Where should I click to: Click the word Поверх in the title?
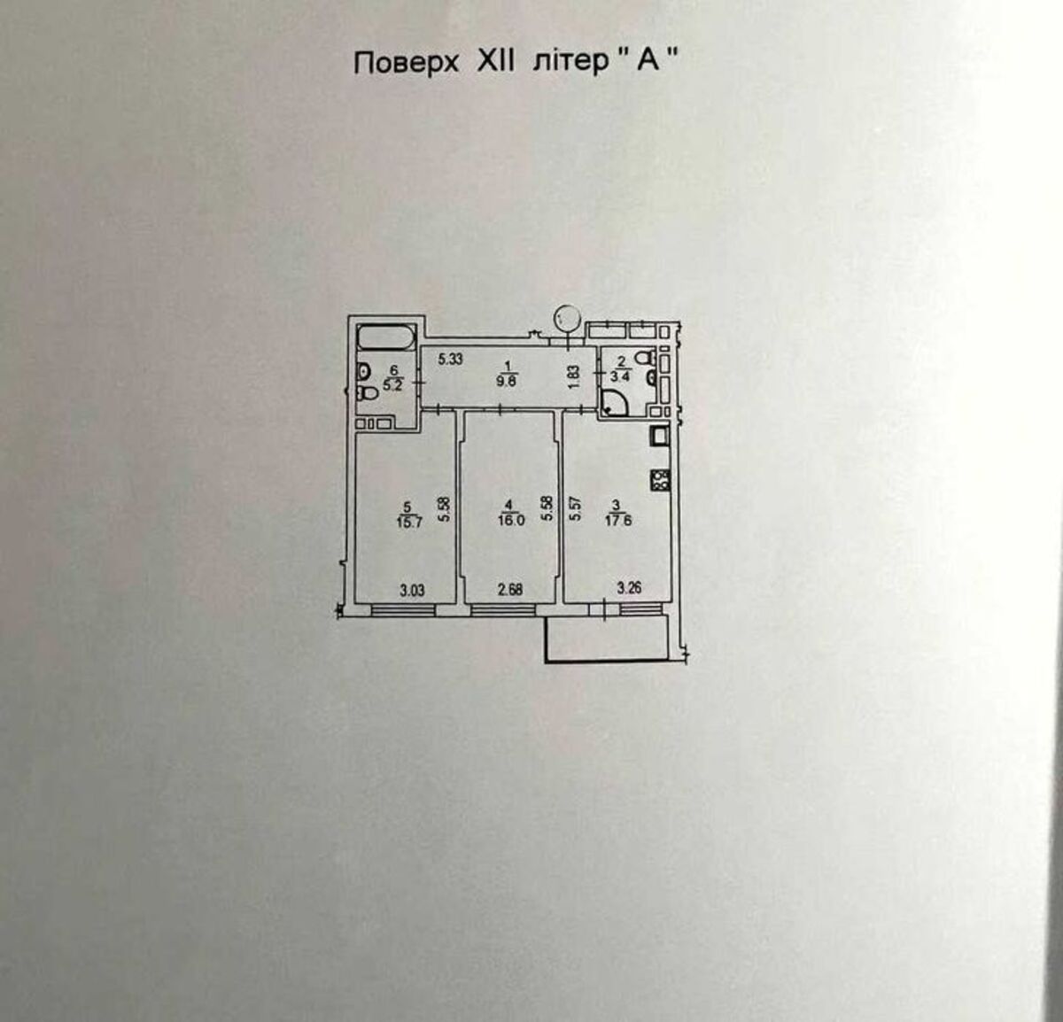coord(406,64)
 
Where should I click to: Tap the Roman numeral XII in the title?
coord(496,62)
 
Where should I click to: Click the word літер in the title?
coord(570,63)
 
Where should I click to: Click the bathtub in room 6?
coord(387,338)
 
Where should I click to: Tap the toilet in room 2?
coord(646,359)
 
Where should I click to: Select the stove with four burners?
coord(660,480)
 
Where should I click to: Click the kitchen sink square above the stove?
coord(660,437)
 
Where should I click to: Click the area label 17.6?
coord(617,520)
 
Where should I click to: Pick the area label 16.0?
coord(511,520)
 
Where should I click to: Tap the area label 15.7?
coord(409,522)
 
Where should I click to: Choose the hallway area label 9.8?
coord(506,382)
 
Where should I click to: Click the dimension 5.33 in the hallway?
coord(451,360)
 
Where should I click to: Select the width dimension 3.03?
coord(412,590)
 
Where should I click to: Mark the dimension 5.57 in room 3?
coord(574,508)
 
